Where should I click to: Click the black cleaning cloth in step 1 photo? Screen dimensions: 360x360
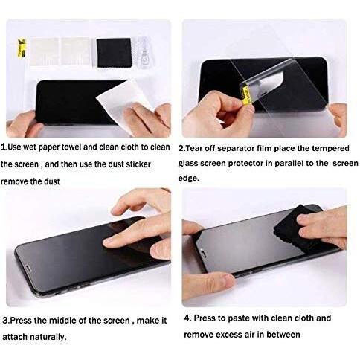114,53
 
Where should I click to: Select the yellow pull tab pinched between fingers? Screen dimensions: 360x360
247,94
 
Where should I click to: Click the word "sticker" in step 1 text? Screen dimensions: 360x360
138,164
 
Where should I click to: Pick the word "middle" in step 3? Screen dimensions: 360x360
62,321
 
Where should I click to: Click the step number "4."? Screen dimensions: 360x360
187,318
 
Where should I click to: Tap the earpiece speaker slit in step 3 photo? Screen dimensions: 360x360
28,269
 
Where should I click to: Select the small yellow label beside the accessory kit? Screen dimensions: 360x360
22,48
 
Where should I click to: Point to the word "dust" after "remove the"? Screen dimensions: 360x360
52,181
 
